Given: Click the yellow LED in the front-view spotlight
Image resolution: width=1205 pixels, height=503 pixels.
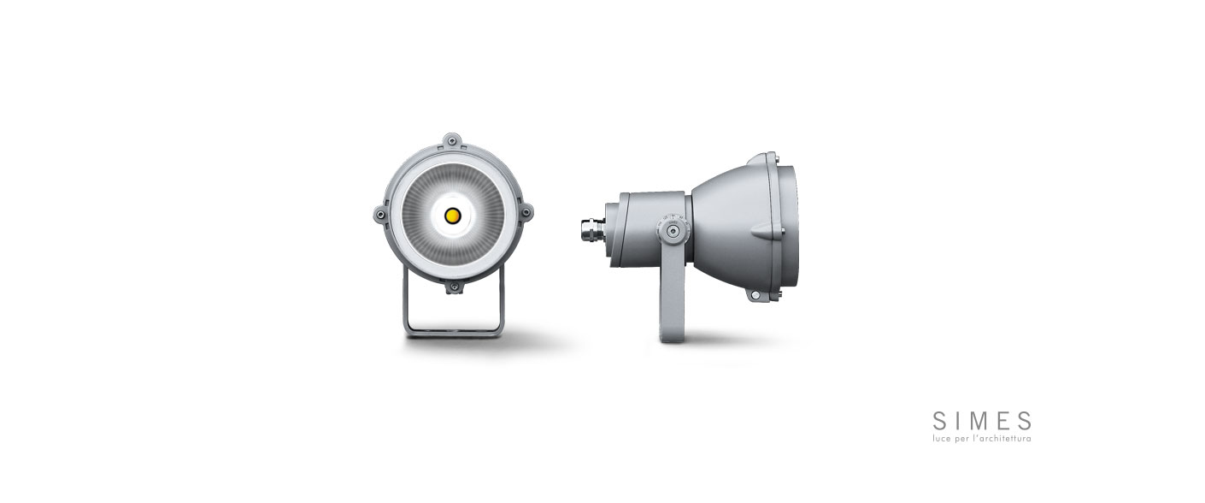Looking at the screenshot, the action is (452, 216).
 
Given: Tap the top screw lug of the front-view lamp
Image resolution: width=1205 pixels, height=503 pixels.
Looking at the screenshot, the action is (452, 140).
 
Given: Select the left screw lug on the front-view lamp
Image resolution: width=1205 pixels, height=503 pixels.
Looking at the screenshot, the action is (381, 214).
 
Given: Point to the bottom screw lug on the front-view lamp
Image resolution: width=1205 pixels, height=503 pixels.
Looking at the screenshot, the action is (455, 287).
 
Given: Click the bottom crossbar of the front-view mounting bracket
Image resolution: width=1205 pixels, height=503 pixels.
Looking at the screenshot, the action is (455, 333).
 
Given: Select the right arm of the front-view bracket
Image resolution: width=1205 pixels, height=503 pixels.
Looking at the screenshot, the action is (502, 299).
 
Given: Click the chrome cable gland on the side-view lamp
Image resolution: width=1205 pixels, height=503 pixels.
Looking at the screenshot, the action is (592, 230).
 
